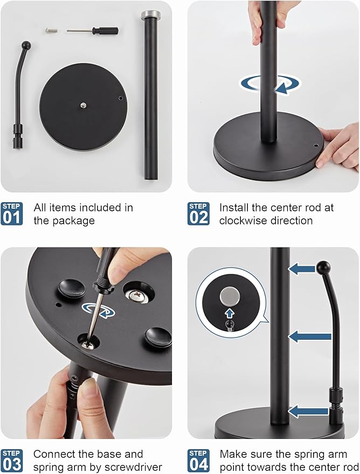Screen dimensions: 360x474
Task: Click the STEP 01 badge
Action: [x=12, y=214]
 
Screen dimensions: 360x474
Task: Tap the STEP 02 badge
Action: [x=198, y=214]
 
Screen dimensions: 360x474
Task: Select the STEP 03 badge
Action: [x=12, y=461]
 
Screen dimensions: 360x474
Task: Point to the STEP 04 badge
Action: [x=198, y=461]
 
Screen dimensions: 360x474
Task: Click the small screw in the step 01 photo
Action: [x=51, y=31]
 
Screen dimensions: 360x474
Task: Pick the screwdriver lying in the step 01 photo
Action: [x=92, y=31]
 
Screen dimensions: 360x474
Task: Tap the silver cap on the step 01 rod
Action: [x=151, y=14]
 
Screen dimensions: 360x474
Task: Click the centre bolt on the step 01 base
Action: [x=83, y=105]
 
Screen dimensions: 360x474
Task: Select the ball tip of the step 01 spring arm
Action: [x=26, y=45]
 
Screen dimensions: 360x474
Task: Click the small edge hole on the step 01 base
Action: [x=121, y=98]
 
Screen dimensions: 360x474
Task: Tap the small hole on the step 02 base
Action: [x=316, y=146]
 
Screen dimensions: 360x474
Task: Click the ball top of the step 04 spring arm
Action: [x=323, y=268]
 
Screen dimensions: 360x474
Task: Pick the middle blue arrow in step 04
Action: [x=309, y=336]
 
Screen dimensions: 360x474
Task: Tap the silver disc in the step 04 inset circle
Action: [x=230, y=296]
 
